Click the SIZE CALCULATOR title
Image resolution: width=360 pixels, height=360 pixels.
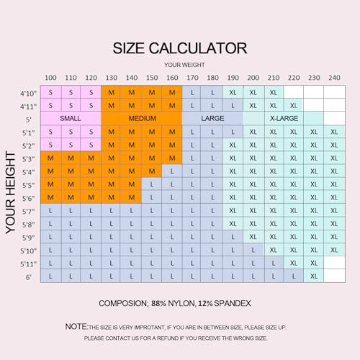tap(180, 48)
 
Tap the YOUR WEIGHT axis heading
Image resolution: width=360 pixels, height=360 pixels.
tap(184, 65)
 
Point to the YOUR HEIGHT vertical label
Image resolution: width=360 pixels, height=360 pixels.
tap(11, 192)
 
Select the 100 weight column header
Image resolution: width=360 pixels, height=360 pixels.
tap(50, 78)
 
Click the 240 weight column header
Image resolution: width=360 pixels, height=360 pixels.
tap(334, 78)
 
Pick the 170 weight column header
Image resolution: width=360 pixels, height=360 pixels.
tap(192, 78)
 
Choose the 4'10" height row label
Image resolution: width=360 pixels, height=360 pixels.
tap(28, 93)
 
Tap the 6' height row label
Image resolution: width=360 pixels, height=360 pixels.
tap(29, 277)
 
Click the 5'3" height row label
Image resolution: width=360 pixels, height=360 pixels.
tap(28, 159)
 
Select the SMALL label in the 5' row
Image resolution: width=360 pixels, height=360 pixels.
tap(71, 118)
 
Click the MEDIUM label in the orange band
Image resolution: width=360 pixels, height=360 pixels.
tap(143, 118)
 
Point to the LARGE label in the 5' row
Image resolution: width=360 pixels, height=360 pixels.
tap(212, 118)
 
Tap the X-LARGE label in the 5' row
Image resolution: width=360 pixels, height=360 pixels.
tap(284, 118)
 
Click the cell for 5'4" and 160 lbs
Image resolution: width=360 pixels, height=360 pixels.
tap(172, 171)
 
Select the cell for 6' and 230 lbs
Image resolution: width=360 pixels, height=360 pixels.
tap(314, 276)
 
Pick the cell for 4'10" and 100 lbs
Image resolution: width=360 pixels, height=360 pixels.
tap(51, 92)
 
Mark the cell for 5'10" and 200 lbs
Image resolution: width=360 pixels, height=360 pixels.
tap(253, 250)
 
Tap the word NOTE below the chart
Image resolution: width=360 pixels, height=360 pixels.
tap(76, 327)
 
